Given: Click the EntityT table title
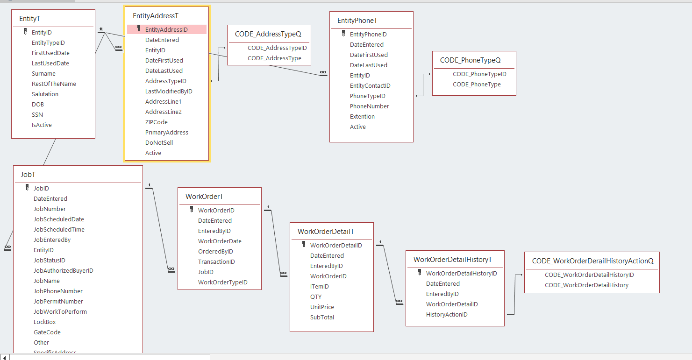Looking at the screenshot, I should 29,19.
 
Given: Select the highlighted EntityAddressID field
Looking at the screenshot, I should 166,29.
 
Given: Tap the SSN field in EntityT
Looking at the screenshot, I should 37,114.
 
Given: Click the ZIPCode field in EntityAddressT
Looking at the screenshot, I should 157,122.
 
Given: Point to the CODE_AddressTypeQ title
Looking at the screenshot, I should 268,34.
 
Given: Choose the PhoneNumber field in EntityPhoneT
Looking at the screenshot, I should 370,106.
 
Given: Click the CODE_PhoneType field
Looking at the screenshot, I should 477,85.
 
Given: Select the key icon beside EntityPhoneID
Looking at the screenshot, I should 343,34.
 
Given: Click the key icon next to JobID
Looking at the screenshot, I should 27,188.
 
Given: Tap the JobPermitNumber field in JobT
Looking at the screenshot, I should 58,301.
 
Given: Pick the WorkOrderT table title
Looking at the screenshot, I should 204,197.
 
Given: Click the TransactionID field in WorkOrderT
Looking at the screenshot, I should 216,261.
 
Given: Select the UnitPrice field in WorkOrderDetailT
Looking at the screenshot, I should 322,307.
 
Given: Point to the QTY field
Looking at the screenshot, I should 316,296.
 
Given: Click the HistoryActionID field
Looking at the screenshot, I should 447,314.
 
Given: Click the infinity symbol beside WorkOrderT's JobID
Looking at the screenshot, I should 171,269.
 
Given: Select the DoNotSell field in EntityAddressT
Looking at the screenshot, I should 159,142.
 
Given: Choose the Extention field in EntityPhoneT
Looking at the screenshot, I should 362,116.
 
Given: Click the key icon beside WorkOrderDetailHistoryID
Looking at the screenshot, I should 420,273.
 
